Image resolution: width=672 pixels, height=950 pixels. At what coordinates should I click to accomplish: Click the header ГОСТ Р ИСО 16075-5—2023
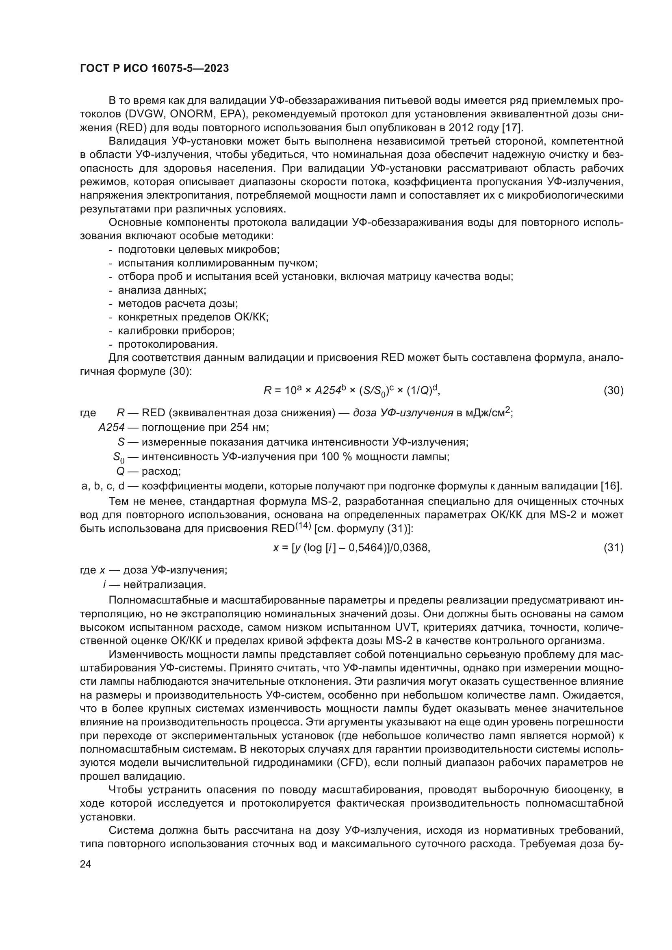(154, 69)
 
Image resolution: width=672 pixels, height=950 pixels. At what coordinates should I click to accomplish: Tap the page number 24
(85, 864)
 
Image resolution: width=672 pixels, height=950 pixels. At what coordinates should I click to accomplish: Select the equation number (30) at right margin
(613, 390)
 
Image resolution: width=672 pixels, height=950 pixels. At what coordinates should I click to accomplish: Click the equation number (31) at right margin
(613, 548)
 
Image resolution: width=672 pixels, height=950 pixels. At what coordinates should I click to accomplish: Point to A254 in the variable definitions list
(111, 427)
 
